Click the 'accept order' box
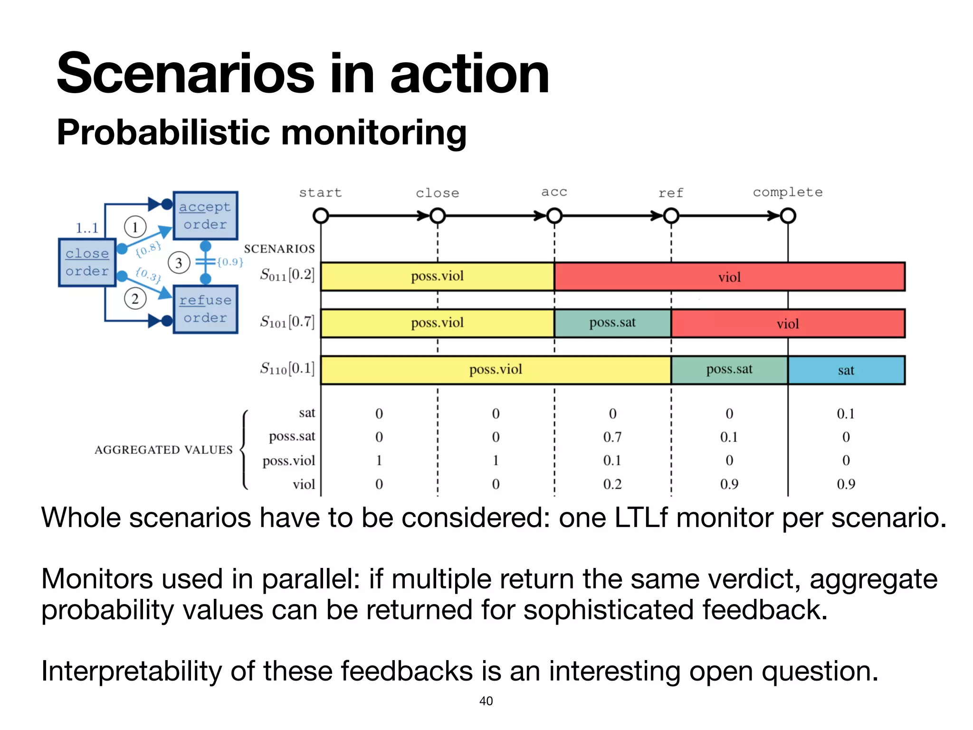[x=205, y=216]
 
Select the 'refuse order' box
[x=205, y=309]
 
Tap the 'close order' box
[x=87, y=262]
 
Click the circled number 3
[x=179, y=263]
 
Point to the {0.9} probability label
[x=230, y=262]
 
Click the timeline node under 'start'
[x=321, y=216]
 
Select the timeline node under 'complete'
[x=788, y=216]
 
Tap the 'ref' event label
[x=670, y=193]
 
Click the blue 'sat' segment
[x=846, y=370]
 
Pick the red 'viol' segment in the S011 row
[x=729, y=277]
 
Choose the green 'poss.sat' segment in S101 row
[x=612, y=323]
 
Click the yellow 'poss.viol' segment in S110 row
[x=496, y=370]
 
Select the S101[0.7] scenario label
[x=287, y=322]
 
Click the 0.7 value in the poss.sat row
[x=612, y=437]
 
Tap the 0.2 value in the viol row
[x=612, y=484]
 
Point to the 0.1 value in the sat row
[x=846, y=413]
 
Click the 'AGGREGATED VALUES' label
[x=163, y=450]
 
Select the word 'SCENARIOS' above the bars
[x=279, y=249]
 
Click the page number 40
[x=486, y=701]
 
